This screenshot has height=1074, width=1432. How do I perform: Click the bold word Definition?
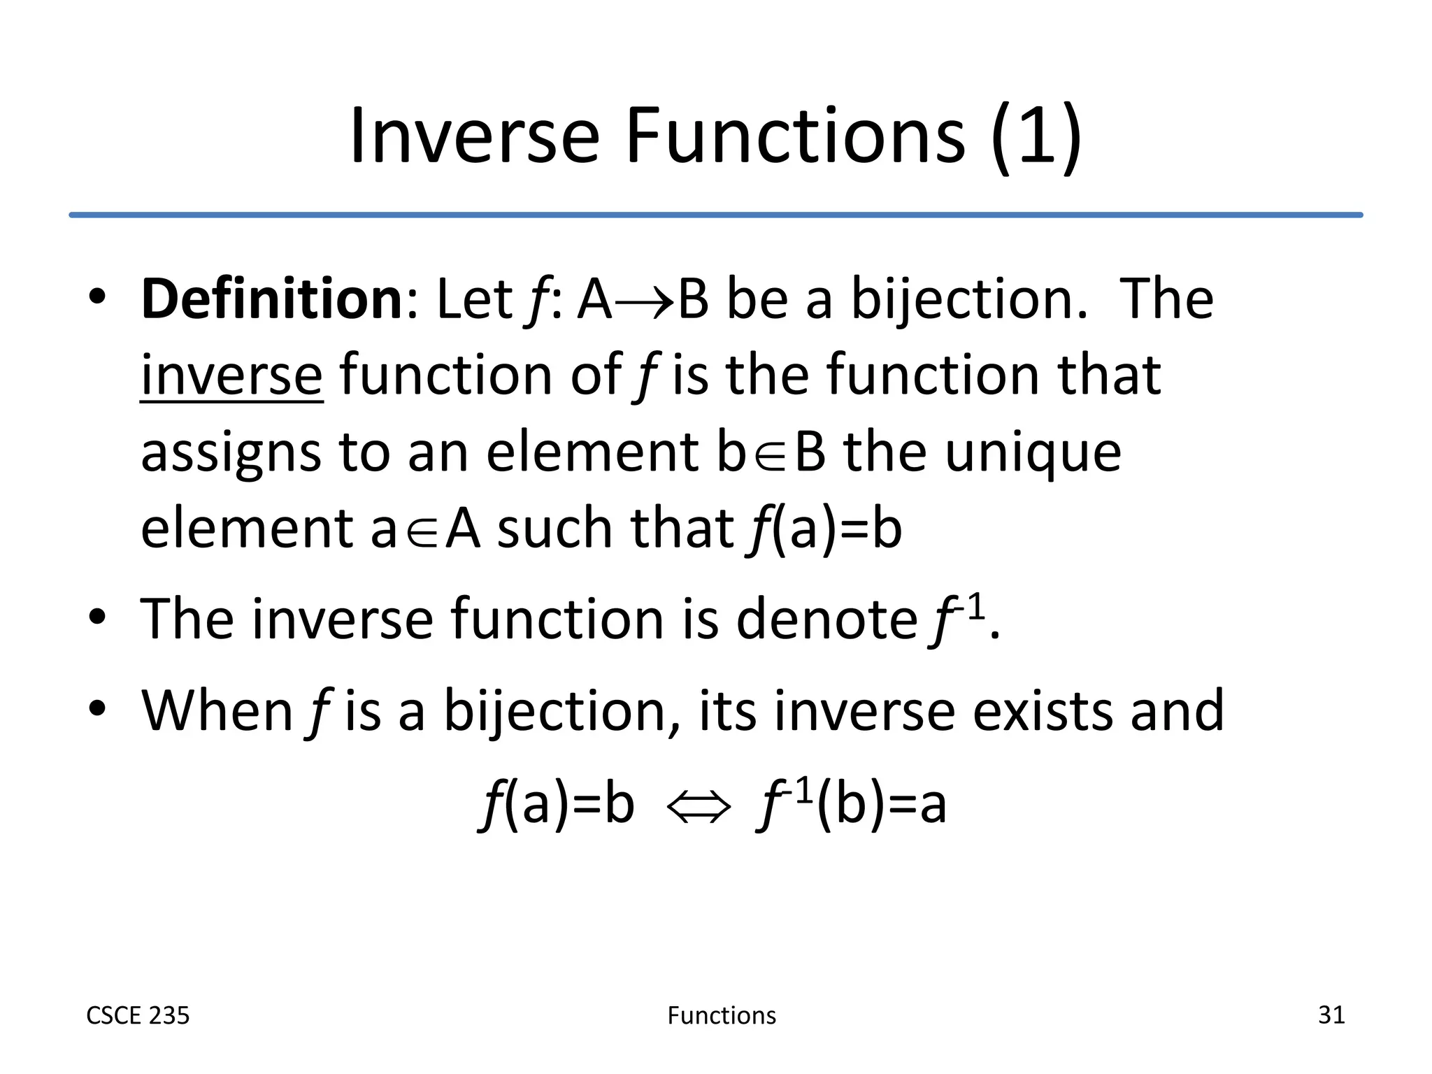[271, 299]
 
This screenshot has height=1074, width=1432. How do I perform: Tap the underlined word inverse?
[231, 376]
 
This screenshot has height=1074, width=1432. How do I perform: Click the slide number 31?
[1331, 1015]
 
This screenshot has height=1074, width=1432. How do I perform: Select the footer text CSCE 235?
[138, 1015]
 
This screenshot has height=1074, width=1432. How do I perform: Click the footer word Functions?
[722, 1015]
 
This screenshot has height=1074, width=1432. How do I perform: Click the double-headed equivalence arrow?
[698, 808]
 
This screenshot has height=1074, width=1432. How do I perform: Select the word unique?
[1033, 453]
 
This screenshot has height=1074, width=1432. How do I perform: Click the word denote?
[826, 620]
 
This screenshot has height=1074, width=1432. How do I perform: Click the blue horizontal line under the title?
[716, 215]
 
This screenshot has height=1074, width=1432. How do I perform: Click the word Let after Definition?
[474, 299]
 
